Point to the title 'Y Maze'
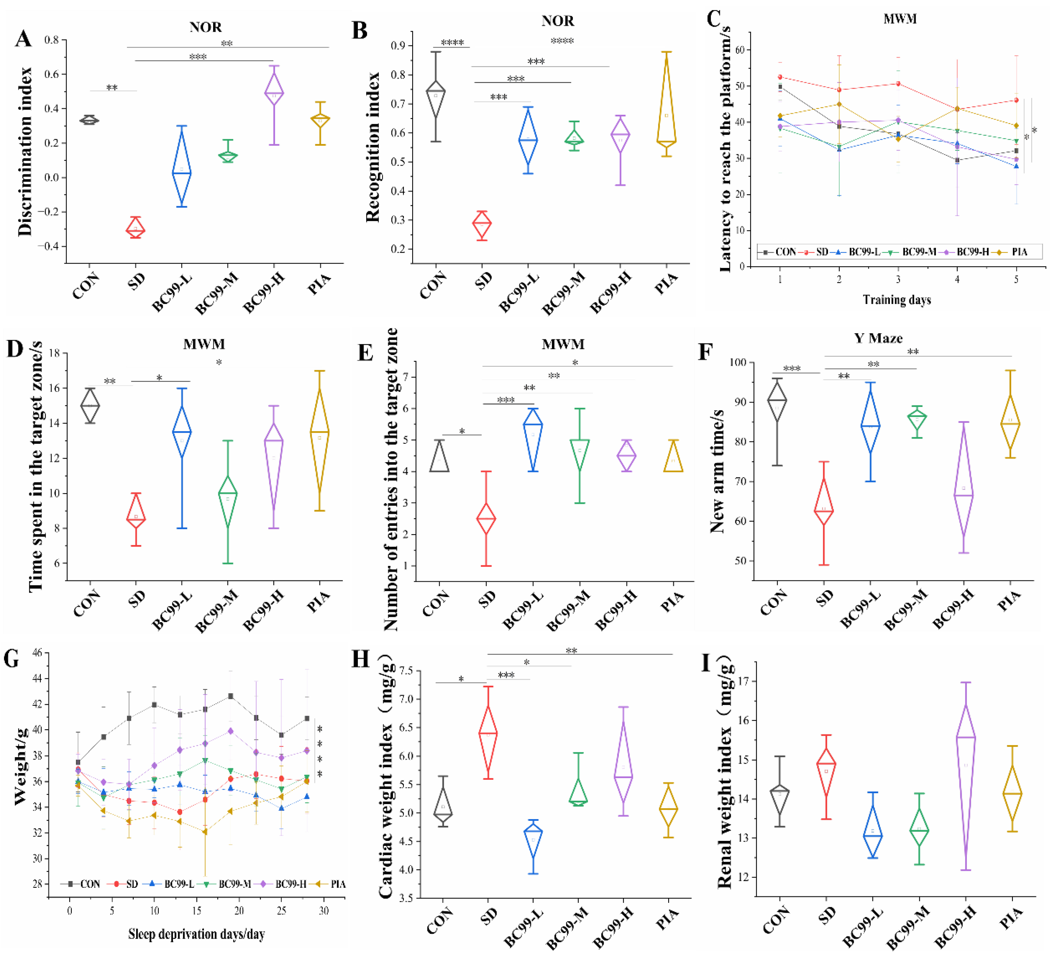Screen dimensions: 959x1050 878,338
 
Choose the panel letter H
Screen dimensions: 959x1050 360,659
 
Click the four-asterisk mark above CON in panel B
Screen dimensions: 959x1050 452,43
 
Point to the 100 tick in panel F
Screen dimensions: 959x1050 738,362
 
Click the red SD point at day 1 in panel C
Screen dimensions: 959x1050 780,77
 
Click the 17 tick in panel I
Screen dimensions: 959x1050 742,682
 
